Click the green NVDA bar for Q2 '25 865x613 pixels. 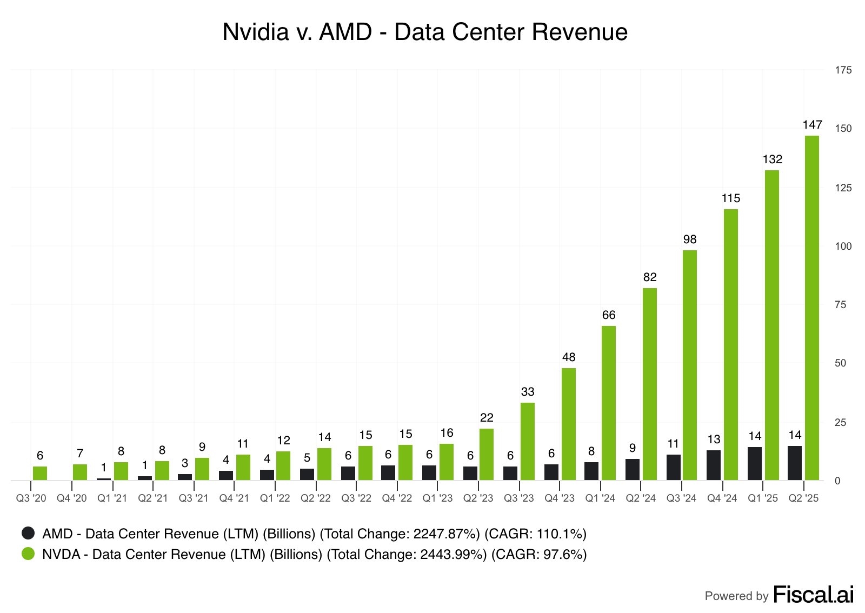point(811,308)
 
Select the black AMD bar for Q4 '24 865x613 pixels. point(714,465)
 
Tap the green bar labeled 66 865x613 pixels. point(608,403)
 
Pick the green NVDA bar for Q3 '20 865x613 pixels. point(40,473)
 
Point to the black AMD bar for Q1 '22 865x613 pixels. point(267,475)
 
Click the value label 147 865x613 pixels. point(812,125)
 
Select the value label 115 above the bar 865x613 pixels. point(730,198)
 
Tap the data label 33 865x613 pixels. point(527,392)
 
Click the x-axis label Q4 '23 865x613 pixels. point(560,498)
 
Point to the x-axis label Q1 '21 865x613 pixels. point(112,498)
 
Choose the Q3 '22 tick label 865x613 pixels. point(356,498)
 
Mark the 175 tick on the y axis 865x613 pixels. point(843,70)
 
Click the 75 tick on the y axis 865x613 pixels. point(840,305)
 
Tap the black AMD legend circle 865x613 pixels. point(28,533)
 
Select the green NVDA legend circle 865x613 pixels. point(28,554)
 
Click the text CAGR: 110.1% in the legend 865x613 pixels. point(535,534)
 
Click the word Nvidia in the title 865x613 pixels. point(256,32)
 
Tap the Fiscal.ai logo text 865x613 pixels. point(813,595)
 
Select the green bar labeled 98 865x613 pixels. point(689,365)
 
